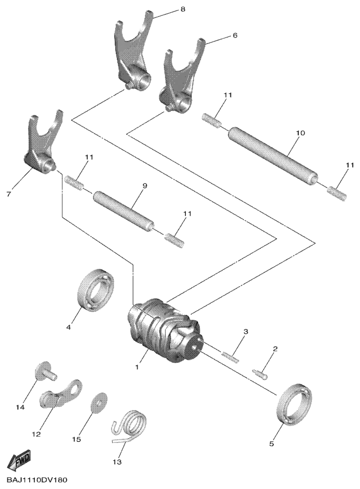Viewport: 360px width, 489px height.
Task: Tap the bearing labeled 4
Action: point(96,289)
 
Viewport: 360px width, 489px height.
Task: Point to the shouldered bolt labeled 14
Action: point(45,371)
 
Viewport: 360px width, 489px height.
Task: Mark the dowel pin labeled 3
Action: point(231,357)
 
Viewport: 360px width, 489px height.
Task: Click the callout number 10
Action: point(301,133)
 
